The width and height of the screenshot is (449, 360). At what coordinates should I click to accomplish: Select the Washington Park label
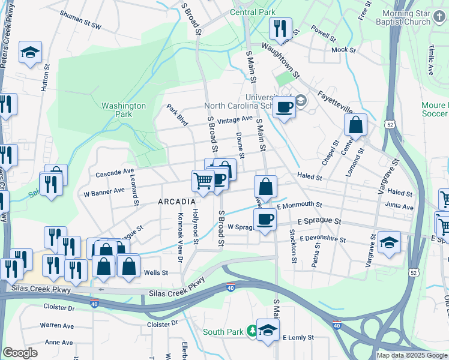pos(124,110)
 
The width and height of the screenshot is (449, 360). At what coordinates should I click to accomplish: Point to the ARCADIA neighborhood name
pos(176,202)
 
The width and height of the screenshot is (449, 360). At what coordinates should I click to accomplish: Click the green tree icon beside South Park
pos(253,331)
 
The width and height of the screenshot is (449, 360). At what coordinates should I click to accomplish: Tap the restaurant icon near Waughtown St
pos(280,28)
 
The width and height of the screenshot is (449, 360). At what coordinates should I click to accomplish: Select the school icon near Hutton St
pos(30,52)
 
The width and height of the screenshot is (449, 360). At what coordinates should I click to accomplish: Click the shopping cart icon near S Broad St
pos(203,179)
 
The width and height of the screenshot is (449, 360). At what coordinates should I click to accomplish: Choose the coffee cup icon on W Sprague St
pos(265,219)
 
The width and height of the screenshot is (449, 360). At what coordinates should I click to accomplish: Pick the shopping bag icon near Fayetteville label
pos(355,125)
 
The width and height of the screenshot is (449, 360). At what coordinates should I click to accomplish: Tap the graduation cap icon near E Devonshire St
pos(389,242)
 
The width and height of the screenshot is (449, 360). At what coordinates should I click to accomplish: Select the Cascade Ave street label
pos(115,172)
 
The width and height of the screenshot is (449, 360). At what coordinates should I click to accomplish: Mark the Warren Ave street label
pos(56,326)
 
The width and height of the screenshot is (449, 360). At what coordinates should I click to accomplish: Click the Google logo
pos(20,352)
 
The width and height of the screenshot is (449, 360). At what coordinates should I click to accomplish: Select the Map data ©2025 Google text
pos(411,355)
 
